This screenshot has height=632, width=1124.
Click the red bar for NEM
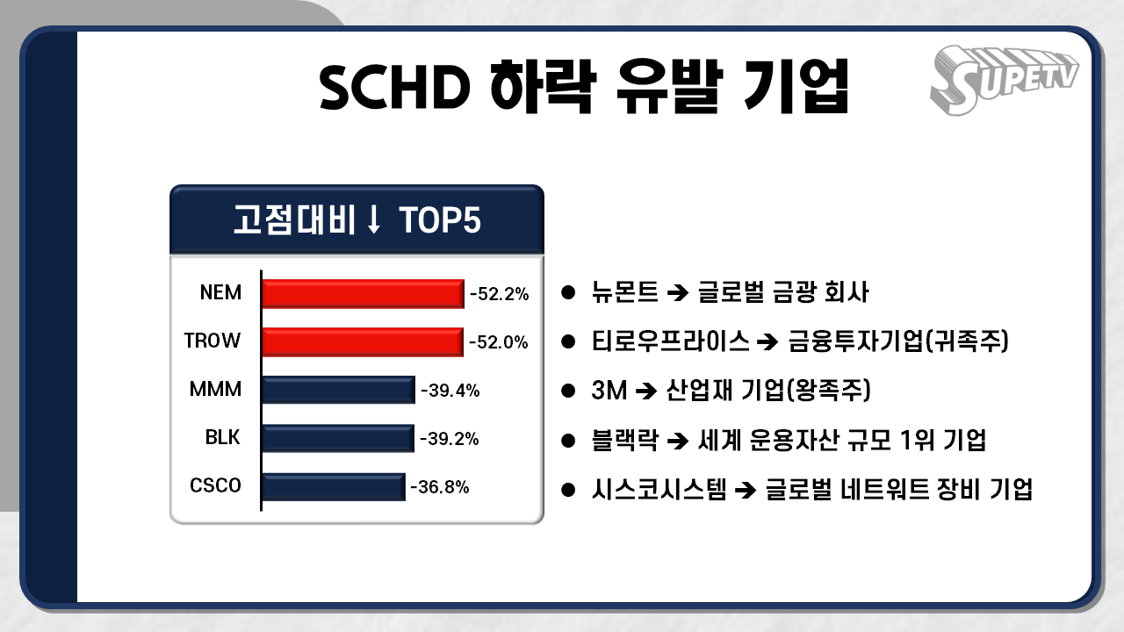[x=363, y=293]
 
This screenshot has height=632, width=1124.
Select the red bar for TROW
[x=363, y=341]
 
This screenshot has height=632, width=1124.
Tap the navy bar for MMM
[x=338, y=390]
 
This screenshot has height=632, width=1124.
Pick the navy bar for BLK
[x=338, y=438]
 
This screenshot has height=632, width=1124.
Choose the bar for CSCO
[x=334, y=486]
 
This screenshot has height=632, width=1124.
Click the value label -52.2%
[x=499, y=294]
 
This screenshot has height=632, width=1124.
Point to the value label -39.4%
[x=450, y=391]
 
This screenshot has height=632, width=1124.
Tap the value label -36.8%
[x=439, y=486]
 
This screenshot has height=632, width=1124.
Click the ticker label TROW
[x=213, y=341]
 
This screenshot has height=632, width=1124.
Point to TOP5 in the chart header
[x=440, y=221]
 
